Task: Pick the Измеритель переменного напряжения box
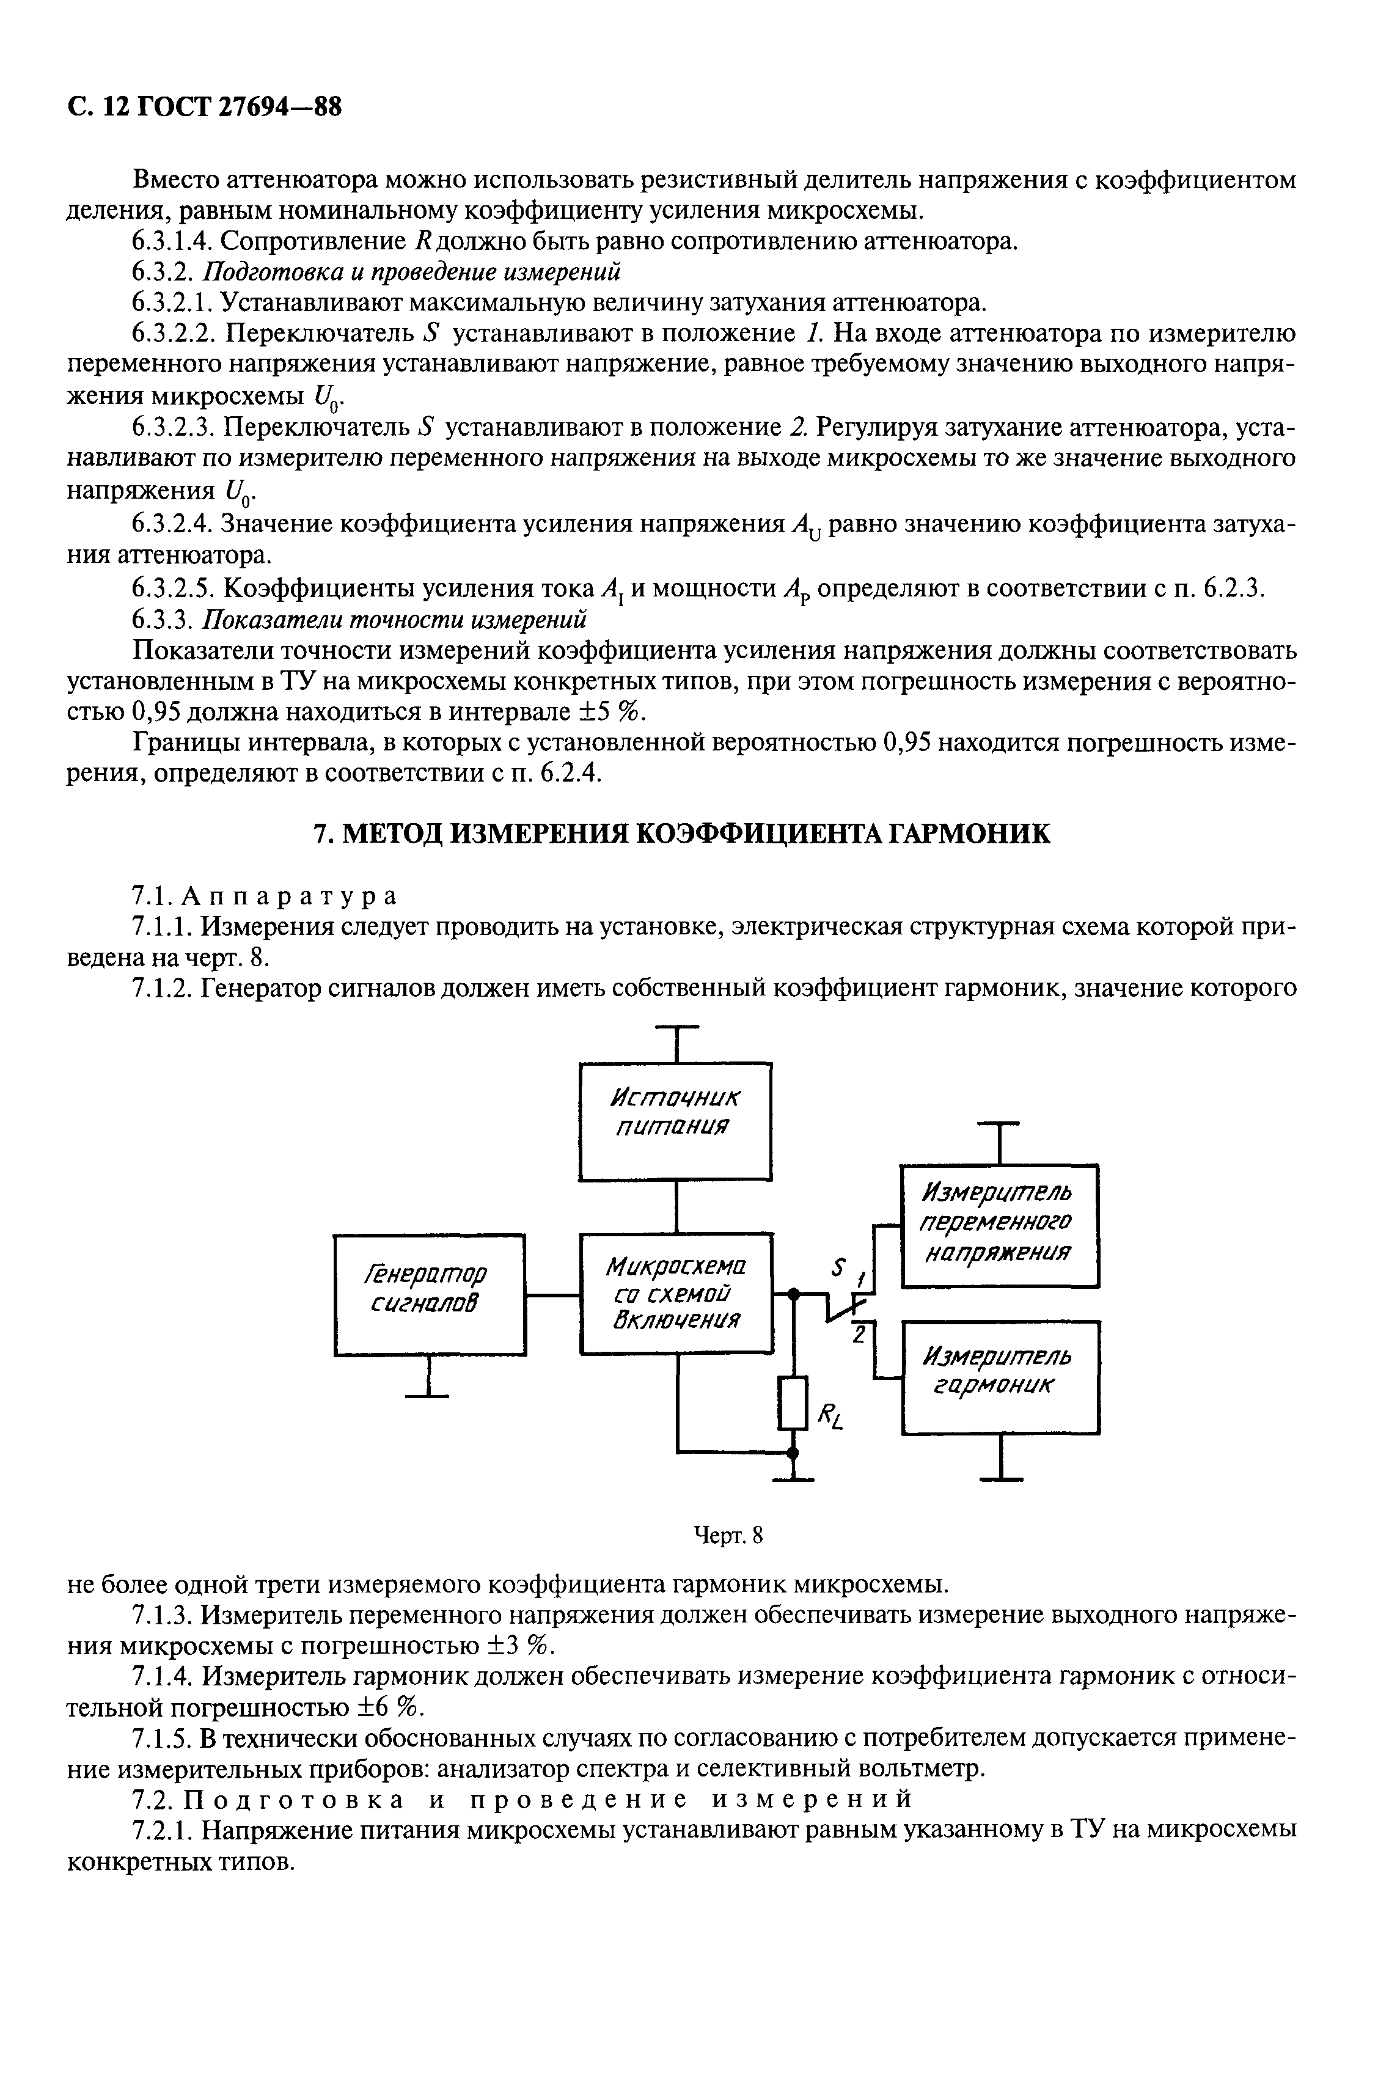[x=1000, y=1225]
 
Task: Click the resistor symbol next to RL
[x=793, y=1402]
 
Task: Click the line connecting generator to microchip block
[x=552, y=1294]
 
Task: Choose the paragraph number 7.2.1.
[x=163, y=1830]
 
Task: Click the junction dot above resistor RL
[x=793, y=1292]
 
